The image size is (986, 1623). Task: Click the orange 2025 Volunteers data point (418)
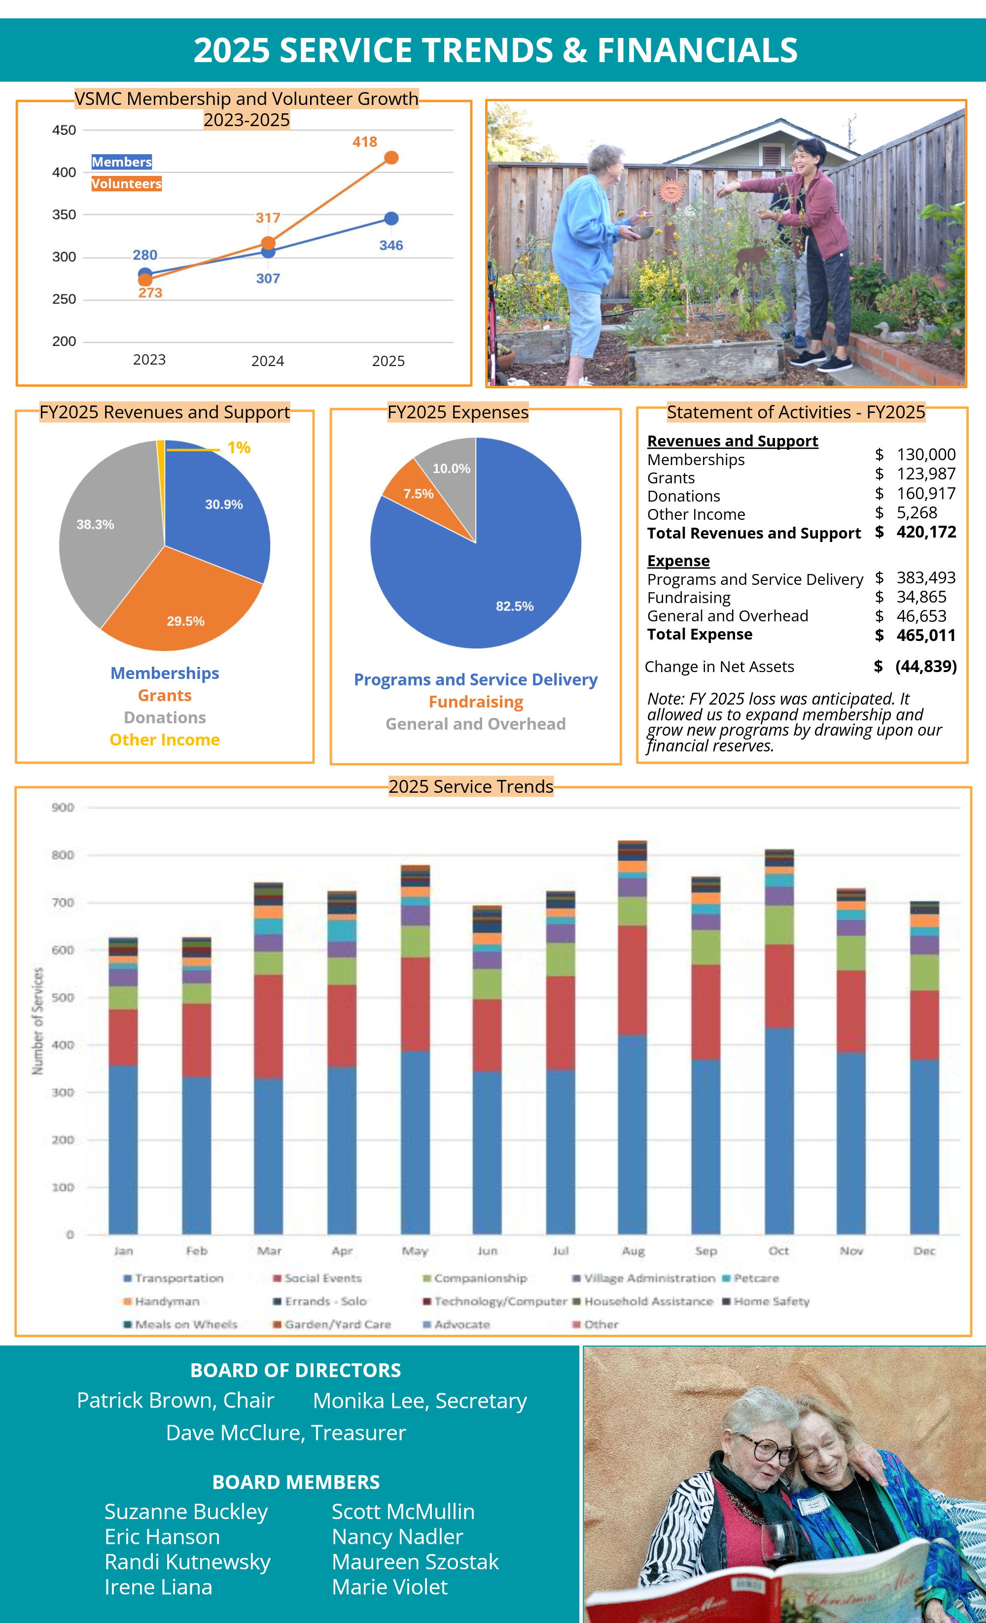(x=391, y=158)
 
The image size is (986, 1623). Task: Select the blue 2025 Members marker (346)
(x=391, y=218)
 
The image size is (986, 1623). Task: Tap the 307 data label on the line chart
(x=268, y=278)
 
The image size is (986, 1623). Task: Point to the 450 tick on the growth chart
(x=64, y=130)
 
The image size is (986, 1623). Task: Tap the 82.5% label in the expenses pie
(x=514, y=606)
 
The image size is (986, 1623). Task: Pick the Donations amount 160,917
(x=925, y=493)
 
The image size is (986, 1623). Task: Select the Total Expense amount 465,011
(x=925, y=635)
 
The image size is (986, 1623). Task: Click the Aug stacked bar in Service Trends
(x=632, y=1054)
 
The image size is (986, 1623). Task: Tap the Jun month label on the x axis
(x=487, y=1251)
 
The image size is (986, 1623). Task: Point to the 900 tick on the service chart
(x=63, y=807)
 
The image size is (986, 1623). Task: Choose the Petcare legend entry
(x=755, y=1278)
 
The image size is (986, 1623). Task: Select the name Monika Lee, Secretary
(x=420, y=1401)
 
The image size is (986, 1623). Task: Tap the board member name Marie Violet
(x=389, y=1587)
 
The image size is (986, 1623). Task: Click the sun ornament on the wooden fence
(x=671, y=192)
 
